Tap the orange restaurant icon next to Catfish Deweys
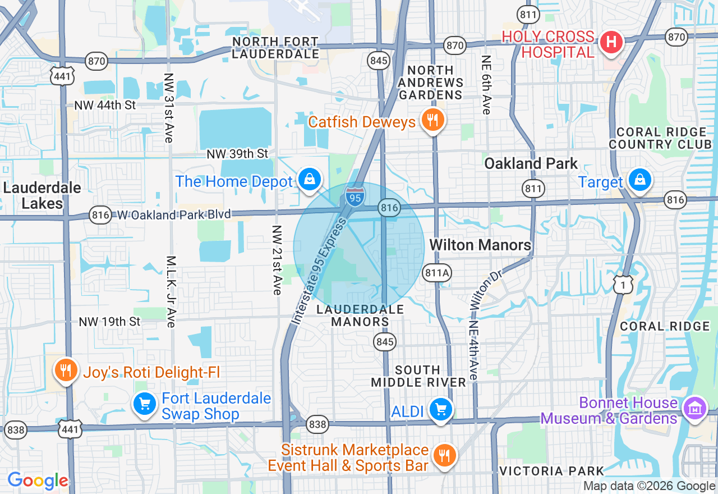coord(431,120)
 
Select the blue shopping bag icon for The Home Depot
coord(309,180)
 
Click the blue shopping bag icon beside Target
coord(639,180)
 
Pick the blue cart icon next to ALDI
coord(441,410)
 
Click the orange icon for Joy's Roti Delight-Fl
coord(66,370)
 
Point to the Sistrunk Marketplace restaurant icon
coord(445,455)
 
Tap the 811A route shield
coord(437,273)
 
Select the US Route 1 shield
coord(623,285)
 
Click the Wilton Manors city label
coord(480,245)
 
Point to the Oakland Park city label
coord(531,163)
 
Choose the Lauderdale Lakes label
coord(42,195)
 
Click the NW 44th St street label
coord(105,105)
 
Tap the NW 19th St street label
coord(109,322)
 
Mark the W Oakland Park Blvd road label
coord(174,214)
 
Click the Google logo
coord(38,481)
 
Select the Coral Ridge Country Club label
coord(660,138)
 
